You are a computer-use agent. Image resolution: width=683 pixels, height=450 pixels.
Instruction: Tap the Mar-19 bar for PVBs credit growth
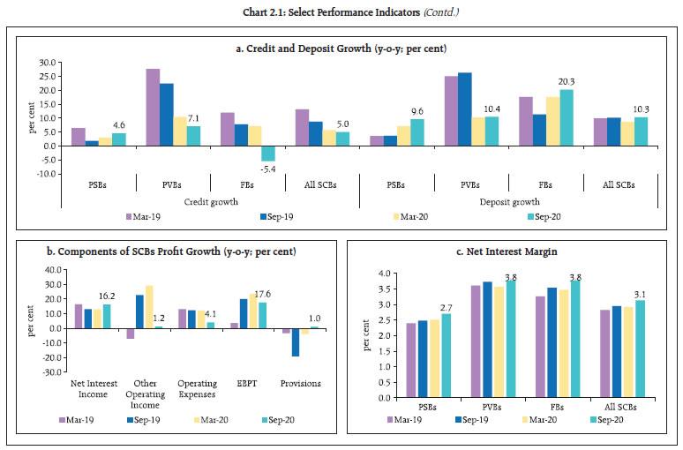153,107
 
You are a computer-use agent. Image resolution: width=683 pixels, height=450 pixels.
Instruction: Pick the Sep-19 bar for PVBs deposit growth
465,109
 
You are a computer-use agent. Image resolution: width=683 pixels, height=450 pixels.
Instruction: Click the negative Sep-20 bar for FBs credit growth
269,154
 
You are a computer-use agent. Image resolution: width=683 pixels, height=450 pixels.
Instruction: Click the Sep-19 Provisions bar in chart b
296,342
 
